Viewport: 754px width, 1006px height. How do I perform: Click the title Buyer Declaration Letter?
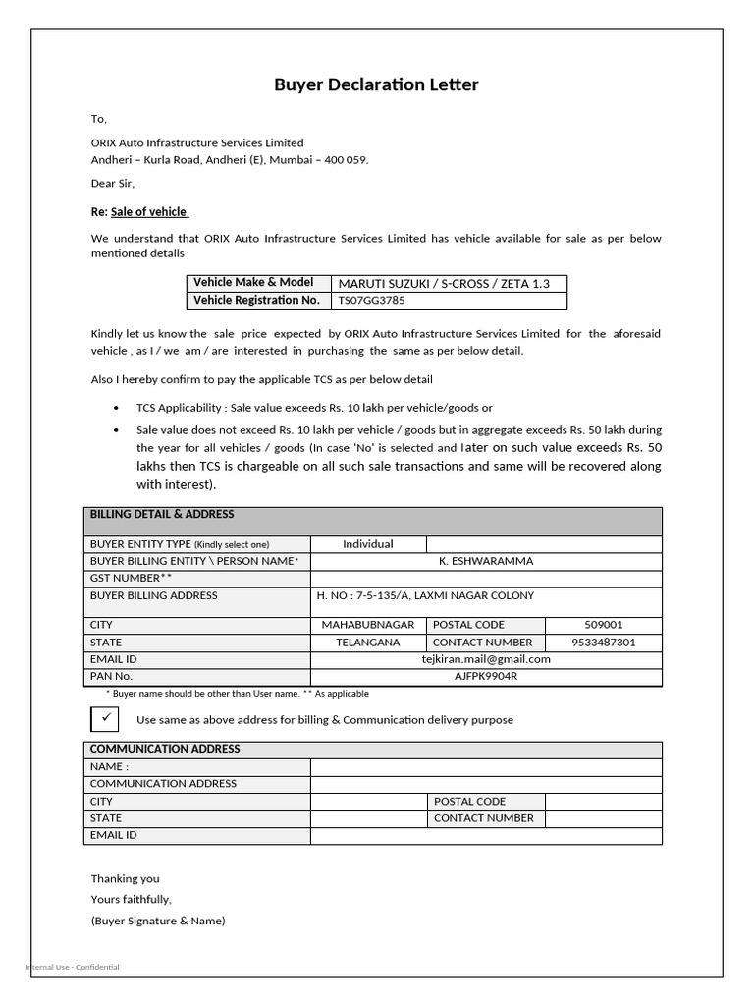[x=376, y=85]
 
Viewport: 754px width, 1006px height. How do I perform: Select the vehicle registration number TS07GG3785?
[x=371, y=301]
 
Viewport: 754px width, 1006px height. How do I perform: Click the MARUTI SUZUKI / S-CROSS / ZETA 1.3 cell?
[x=444, y=283]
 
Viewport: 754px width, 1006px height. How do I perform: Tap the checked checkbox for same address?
[x=105, y=718]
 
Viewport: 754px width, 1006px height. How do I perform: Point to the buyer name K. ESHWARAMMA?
[x=486, y=561]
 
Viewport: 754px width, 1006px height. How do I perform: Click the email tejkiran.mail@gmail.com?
[x=486, y=659]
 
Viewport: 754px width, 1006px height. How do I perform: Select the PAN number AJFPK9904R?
[x=486, y=676]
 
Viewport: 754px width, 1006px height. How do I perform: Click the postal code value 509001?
[x=603, y=625]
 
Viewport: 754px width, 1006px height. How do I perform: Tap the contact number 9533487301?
[x=603, y=643]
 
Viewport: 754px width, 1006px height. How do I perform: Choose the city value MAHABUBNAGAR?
[x=368, y=625]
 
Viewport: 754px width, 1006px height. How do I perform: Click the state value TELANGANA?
[x=368, y=643]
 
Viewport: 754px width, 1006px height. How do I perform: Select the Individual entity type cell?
[x=368, y=544]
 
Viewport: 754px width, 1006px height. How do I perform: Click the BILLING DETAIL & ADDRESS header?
[x=162, y=514]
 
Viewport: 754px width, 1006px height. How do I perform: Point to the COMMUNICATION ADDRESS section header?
[x=165, y=749]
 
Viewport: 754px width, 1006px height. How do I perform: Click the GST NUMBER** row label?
[x=131, y=579]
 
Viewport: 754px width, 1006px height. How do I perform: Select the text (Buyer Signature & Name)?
[x=158, y=921]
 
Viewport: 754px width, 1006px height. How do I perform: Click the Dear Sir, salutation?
[x=113, y=183]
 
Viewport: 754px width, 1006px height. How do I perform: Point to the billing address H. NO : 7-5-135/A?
[x=425, y=595]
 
